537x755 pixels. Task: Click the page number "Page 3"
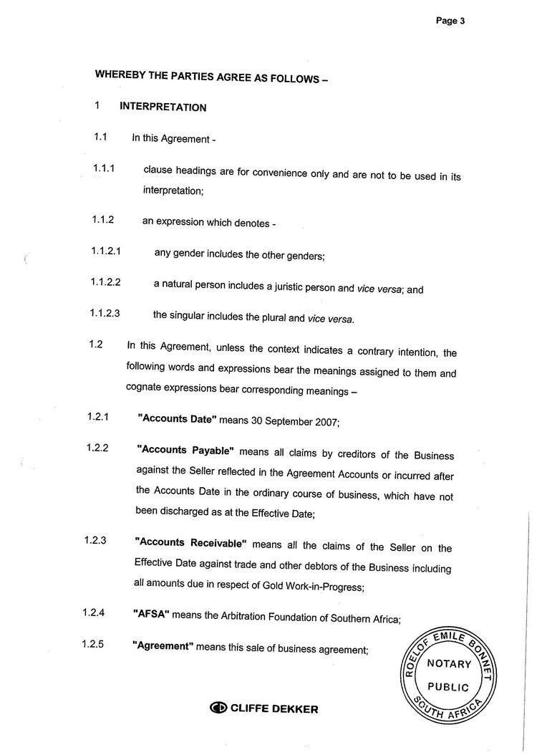450,21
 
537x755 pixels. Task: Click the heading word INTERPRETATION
163,107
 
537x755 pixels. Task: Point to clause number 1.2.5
92,643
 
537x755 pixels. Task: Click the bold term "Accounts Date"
177,419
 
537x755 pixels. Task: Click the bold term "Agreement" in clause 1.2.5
163,646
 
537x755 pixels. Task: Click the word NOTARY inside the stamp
449,664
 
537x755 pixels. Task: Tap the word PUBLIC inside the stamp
448,687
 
